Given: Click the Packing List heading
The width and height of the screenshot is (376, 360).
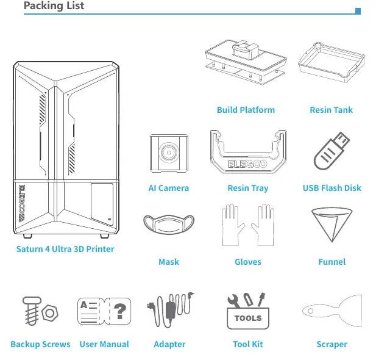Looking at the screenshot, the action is (x=54, y=5).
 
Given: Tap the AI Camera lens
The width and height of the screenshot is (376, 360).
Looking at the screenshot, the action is (x=169, y=153).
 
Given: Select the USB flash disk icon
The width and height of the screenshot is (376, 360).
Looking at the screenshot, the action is (x=332, y=151).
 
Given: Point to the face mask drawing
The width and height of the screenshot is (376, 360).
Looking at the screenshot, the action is (x=169, y=225).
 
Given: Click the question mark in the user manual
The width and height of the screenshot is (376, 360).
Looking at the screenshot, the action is (x=119, y=311).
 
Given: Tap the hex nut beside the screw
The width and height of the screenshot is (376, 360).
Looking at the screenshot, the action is (x=49, y=313).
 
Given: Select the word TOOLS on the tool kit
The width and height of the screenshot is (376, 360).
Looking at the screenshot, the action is (x=248, y=319).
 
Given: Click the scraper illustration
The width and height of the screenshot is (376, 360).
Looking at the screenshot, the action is (x=332, y=311).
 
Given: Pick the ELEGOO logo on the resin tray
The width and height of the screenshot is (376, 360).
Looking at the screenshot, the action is (x=247, y=164).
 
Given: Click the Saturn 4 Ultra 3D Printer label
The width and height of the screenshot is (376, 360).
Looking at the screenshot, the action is (x=65, y=249).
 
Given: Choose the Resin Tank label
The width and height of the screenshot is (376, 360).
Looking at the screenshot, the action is (x=331, y=110).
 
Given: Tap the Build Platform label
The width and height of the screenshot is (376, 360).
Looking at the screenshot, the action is (x=246, y=110).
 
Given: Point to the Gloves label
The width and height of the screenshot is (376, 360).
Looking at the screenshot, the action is (x=248, y=262).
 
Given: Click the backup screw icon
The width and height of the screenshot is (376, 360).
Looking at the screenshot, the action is (x=32, y=311).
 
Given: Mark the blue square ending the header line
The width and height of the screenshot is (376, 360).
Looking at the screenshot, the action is (x=358, y=11).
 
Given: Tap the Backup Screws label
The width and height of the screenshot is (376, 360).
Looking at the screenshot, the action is (x=41, y=344).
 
